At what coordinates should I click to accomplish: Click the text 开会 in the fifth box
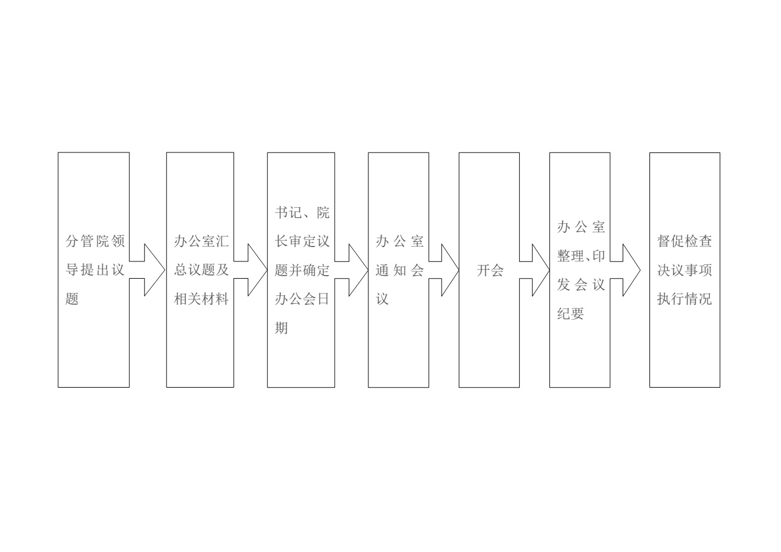point(490,270)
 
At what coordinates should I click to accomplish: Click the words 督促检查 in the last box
point(685,241)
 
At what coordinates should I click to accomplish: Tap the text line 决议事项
point(685,270)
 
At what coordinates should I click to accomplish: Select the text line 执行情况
point(685,299)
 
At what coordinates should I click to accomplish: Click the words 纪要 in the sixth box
point(570,314)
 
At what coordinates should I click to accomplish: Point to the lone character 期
point(282,328)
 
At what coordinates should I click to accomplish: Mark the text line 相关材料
point(201,299)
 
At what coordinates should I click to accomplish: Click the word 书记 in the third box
point(289,213)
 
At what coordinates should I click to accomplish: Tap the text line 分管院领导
point(95,241)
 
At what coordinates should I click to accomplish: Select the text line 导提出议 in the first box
point(95,270)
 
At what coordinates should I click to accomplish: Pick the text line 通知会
point(399,270)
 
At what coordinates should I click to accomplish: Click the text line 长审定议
point(302,241)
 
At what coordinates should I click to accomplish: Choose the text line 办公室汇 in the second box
point(201,241)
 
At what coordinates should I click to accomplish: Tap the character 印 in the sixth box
point(598,255)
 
